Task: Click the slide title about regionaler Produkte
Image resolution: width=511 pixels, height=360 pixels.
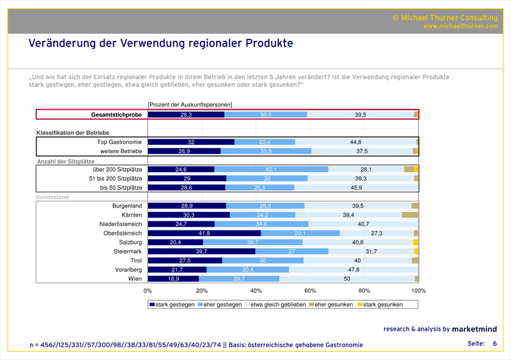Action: tap(160, 43)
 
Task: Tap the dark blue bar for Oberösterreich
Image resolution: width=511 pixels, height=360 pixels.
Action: tap(204, 234)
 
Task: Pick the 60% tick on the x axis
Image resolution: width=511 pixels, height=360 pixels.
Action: tap(310, 290)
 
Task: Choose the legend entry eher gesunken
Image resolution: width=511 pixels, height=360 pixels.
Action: tap(332, 304)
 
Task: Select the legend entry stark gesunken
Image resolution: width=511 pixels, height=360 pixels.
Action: tap(381, 304)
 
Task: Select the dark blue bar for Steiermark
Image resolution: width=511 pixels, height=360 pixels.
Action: tap(202, 251)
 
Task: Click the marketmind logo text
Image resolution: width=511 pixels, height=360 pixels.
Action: tap(475, 329)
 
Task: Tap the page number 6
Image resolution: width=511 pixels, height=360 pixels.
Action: tap(494, 344)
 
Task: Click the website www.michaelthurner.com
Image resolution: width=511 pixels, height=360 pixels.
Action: tap(460, 26)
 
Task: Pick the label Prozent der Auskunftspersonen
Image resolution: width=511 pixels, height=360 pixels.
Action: tap(190, 104)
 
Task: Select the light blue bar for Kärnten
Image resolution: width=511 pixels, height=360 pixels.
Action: tap(263, 215)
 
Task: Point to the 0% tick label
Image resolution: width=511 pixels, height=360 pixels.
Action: tap(148, 290)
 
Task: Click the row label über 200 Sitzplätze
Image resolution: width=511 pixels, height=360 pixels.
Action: tap(120, 169)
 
